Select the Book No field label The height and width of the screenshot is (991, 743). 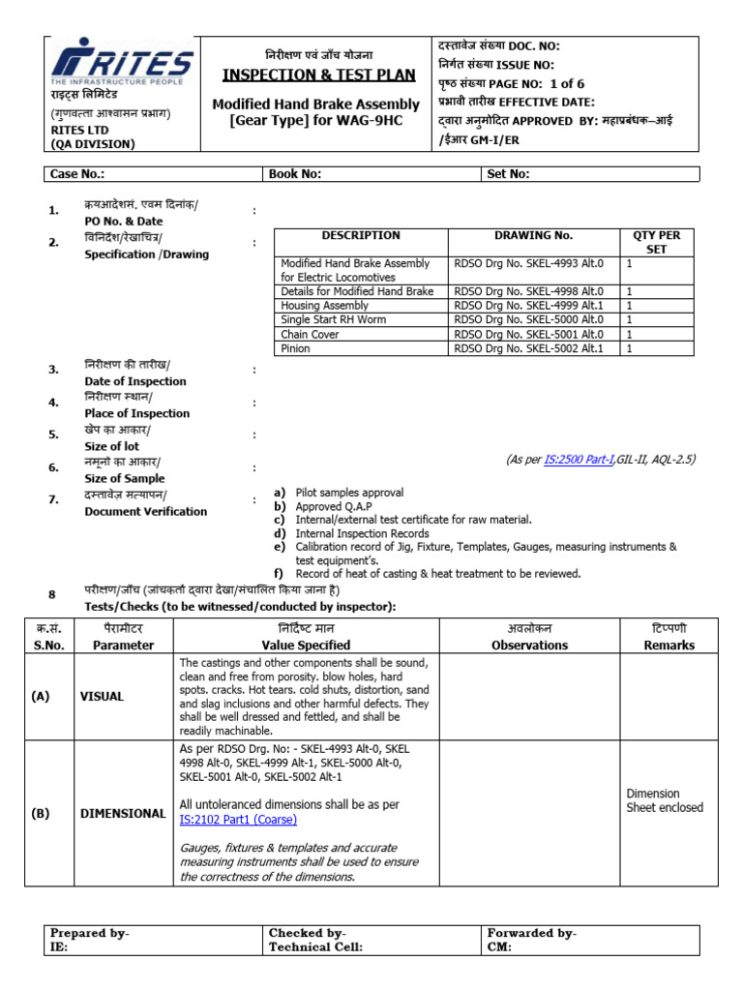pos(295,174)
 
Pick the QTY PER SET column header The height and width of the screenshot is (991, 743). pos(657,241)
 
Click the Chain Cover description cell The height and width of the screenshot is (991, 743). pos(311,334)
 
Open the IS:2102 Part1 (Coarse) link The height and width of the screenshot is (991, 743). pos(238,820)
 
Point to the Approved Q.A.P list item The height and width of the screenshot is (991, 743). pos(335,506)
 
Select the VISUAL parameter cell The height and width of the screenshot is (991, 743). pos(102,696)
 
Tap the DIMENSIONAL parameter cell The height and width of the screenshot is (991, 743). pos(123,814)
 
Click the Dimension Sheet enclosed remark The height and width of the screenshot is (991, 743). pos(665,800)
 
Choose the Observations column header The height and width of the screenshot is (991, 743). pos(529,646)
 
